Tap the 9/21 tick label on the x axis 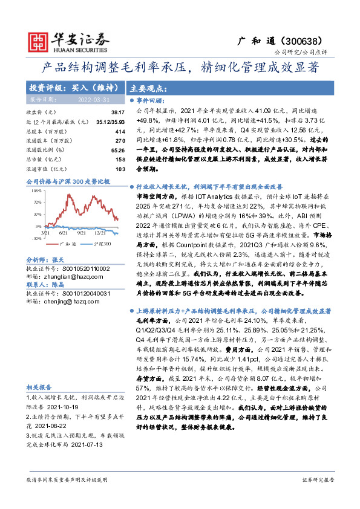(x=82, y=232)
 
